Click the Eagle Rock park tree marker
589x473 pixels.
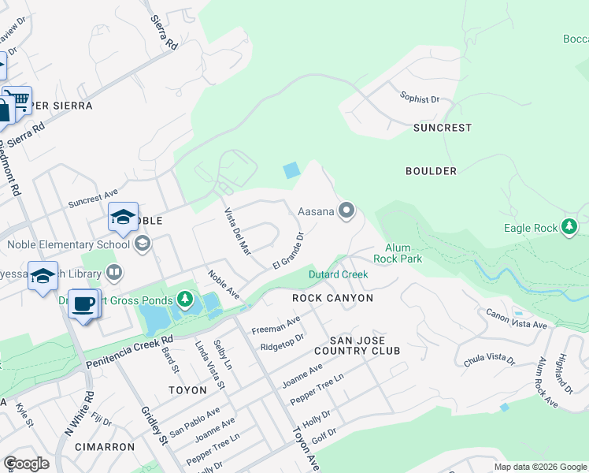click(569, 228)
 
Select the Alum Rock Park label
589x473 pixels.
click(404, 253)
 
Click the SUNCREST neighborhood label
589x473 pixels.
click(443, 128)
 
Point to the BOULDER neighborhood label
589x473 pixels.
click(431, 171)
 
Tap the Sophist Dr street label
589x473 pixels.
click(419, 100)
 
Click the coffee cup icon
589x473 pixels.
click(83, 303)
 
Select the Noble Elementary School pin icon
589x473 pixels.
click(142, 244)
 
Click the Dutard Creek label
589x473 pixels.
click(338, 275)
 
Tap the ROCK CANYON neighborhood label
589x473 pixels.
click(332, 299)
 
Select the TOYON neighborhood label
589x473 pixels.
click(187, 390)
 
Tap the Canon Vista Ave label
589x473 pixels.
click(517, 320)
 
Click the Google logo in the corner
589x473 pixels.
click(26, 464)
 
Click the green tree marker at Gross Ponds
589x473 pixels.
click(184, 299)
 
